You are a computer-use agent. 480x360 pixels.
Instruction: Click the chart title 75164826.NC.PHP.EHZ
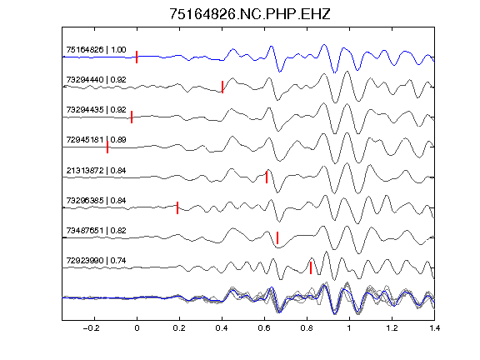[x=250, y=14]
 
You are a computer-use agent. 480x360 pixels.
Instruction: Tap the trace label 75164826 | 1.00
[x=96, y=50]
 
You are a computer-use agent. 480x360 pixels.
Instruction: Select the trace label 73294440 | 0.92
[x=96, y=80]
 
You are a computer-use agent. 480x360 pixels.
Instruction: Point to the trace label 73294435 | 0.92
[x=96, y=110]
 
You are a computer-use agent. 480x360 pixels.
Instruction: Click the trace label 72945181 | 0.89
[x=96, y=140]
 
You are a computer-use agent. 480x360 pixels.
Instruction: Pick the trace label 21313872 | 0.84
[x=96, y=170]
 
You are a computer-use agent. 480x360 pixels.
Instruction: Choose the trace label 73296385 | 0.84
[x=96, y=200]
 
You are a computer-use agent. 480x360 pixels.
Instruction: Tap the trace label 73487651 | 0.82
[x=96, y=230]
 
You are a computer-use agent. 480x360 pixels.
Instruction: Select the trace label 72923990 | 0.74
[x=96, y=261]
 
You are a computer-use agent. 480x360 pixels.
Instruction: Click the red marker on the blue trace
[x=137, y=57]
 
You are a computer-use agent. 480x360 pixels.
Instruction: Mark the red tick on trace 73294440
[x=222, y=87]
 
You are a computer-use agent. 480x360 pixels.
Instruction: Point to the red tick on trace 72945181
[x=107, y=147]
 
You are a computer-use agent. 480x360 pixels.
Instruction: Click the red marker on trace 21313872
[x=267, y=177]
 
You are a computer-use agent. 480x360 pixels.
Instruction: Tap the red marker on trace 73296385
[x=177, y=207]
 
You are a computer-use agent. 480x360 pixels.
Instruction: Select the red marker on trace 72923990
[x=311, y=267]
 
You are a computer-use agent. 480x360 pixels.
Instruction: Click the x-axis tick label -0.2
[x=92, y=328]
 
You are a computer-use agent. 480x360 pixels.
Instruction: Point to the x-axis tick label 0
[x=137, y=328]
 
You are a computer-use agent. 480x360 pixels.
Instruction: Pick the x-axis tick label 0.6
[x=264, y=328]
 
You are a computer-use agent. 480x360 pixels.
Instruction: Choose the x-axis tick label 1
[x=349, y=328]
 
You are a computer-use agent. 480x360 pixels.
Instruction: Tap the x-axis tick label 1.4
[x=434, y=328]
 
